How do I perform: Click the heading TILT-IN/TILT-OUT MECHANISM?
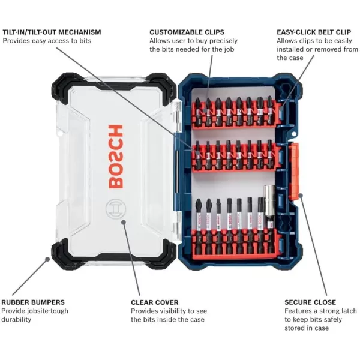(52, 32)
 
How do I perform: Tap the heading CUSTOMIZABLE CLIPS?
(187, 32)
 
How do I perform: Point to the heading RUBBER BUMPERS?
(32, 302)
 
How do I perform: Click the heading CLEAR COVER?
(154, 302)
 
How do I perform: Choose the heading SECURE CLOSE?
(310, 302)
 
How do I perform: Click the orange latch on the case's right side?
(294, 171)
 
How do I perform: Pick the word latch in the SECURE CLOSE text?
(344, 311)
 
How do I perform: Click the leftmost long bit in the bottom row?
(196, 225)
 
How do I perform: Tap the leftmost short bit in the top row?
(198, 110)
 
